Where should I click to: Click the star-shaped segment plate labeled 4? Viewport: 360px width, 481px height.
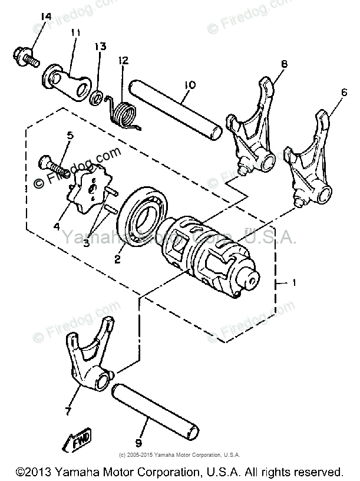tap(89, 189)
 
